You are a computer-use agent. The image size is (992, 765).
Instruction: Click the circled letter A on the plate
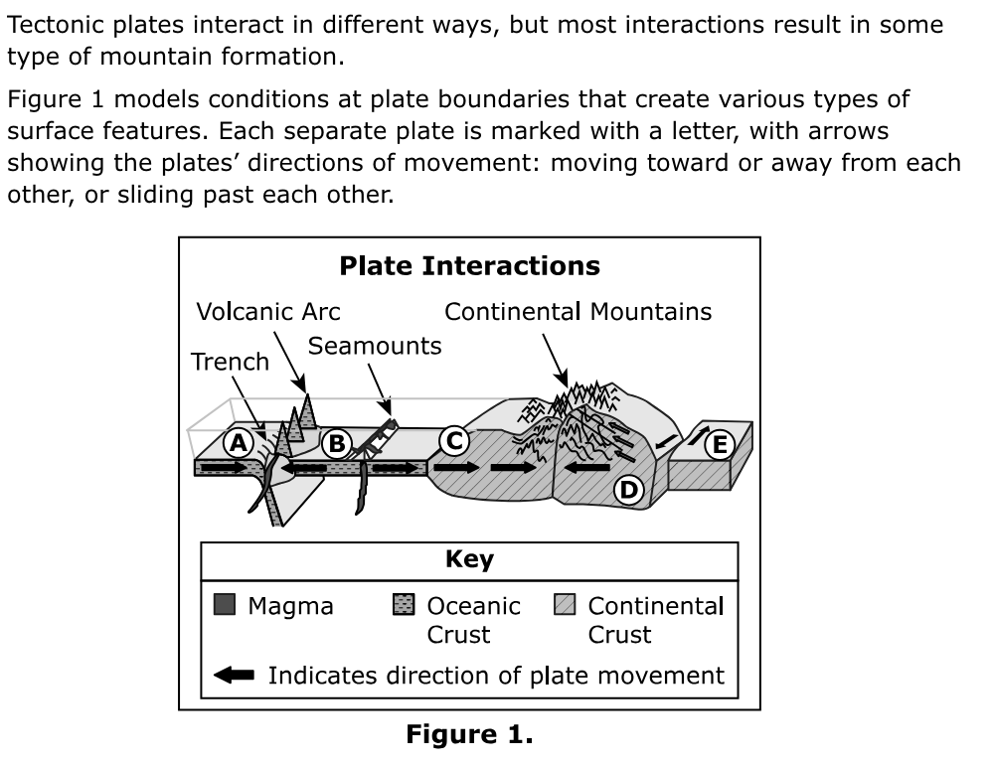coord(237,442)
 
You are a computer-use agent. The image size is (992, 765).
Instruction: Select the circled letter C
coord(454,439)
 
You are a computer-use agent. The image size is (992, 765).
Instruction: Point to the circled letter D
coord(627,488)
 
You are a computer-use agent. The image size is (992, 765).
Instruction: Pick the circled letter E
coord(719,444)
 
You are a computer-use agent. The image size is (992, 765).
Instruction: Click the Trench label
coord(230,362)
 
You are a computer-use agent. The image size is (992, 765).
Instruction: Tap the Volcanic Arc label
coord(268,312)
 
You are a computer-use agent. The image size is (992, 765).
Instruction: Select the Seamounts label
coord(375,346)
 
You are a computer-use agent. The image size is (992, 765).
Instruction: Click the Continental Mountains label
coord(578,312)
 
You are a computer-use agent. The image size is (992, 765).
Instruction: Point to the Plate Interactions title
coord(469,266)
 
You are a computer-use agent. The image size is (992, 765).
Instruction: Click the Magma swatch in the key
coord(225,604)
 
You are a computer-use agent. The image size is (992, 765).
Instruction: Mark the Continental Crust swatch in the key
coord(565,604)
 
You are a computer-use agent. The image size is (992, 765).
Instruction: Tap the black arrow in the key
coord(235,676)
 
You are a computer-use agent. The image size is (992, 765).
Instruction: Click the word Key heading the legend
coord(469,560)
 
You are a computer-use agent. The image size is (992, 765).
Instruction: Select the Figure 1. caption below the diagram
coord(469,736)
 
